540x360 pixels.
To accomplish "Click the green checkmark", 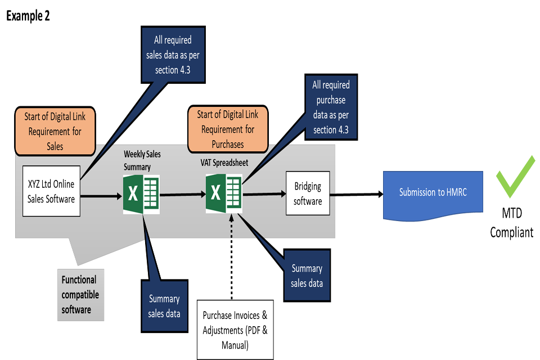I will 515,177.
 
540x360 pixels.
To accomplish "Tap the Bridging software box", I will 308,193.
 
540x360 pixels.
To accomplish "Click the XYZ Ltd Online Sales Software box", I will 51,191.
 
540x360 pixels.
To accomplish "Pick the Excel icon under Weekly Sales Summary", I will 141,194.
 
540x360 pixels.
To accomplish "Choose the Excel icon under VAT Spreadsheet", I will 223,193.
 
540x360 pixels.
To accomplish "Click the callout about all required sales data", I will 173,55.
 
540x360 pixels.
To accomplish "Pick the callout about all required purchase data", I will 331,107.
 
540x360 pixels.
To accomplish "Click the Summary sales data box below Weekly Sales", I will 164,305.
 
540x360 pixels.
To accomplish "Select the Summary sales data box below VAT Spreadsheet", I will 307,276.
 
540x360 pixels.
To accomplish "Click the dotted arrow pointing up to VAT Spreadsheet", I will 231,228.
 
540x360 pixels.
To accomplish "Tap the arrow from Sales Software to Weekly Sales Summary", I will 101,196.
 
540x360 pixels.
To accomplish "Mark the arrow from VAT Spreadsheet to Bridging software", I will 264,194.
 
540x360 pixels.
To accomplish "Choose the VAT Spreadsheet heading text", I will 224,163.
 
